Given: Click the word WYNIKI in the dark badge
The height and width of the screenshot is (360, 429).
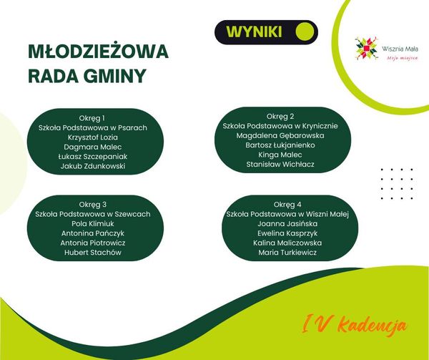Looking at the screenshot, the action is point(254,32).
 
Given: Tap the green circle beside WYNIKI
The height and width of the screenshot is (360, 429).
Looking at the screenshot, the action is point(305,31).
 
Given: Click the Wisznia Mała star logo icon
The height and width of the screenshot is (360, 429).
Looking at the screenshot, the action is point(367,49).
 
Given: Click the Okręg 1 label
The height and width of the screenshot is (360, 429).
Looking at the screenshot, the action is point(92,118).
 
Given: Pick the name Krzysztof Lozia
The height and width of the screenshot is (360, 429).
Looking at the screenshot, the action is point(93,137).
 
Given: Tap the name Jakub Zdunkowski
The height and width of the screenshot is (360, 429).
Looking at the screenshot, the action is point(93,166).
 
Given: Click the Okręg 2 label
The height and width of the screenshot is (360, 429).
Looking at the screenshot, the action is point(280,117).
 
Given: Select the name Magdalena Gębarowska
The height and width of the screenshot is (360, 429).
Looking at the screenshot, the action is point(280,135).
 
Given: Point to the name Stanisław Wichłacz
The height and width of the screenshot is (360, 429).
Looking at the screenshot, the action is point(280,165).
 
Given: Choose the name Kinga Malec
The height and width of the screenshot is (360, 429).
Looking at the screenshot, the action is point(280,155).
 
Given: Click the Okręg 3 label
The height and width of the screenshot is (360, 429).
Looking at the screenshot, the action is point(93,205).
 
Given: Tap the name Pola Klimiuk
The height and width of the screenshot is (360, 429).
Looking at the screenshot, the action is point(93,224).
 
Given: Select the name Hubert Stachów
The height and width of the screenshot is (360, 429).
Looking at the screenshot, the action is point(93,253).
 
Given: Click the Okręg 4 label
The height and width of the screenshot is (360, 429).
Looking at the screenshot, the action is point(287,205).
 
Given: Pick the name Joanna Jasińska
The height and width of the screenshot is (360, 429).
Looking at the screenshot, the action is point(287,224).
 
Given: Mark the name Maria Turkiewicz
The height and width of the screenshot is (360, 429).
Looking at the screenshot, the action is point(287,253).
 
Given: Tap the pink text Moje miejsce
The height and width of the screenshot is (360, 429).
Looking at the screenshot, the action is point(402,58).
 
